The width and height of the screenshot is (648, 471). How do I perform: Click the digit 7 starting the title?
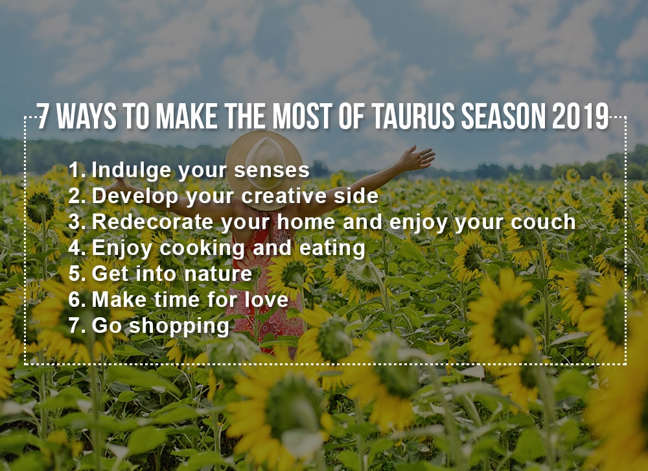[x=41, y=116]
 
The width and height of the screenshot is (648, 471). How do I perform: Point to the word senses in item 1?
[x=272, y=170]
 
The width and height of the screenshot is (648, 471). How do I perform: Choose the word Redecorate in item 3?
[x=152, y=222]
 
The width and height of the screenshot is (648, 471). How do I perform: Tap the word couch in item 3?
[x=543, y=222]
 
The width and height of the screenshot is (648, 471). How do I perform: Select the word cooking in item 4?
[x=202, y=248]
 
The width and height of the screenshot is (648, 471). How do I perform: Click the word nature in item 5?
[x=218, y=274]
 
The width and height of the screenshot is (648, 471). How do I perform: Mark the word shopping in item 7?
[x=179, y=326]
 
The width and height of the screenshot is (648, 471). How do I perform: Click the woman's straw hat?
[x=264, y=164]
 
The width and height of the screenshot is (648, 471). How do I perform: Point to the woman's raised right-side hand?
[x=417, y=158]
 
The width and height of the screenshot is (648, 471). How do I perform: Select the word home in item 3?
[x=306, y=222]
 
